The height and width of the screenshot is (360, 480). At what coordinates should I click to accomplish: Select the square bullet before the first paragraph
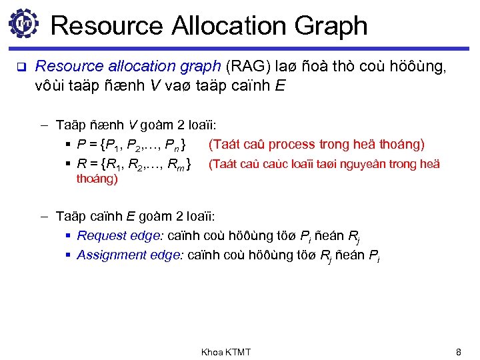[x=20, y=67]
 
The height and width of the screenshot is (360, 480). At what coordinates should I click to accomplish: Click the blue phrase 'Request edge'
[x=111, y=235]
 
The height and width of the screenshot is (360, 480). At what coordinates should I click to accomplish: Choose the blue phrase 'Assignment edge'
[x=121, y=255]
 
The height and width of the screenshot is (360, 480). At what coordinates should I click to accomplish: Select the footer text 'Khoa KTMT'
[x=226, y=352]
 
